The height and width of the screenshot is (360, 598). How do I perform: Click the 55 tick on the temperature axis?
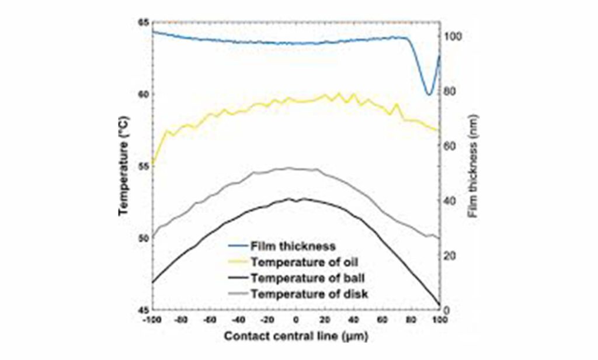click(142, 166)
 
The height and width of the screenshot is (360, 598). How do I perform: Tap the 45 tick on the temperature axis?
click(142, 310)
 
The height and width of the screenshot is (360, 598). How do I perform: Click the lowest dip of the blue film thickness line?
click(429, 94)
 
